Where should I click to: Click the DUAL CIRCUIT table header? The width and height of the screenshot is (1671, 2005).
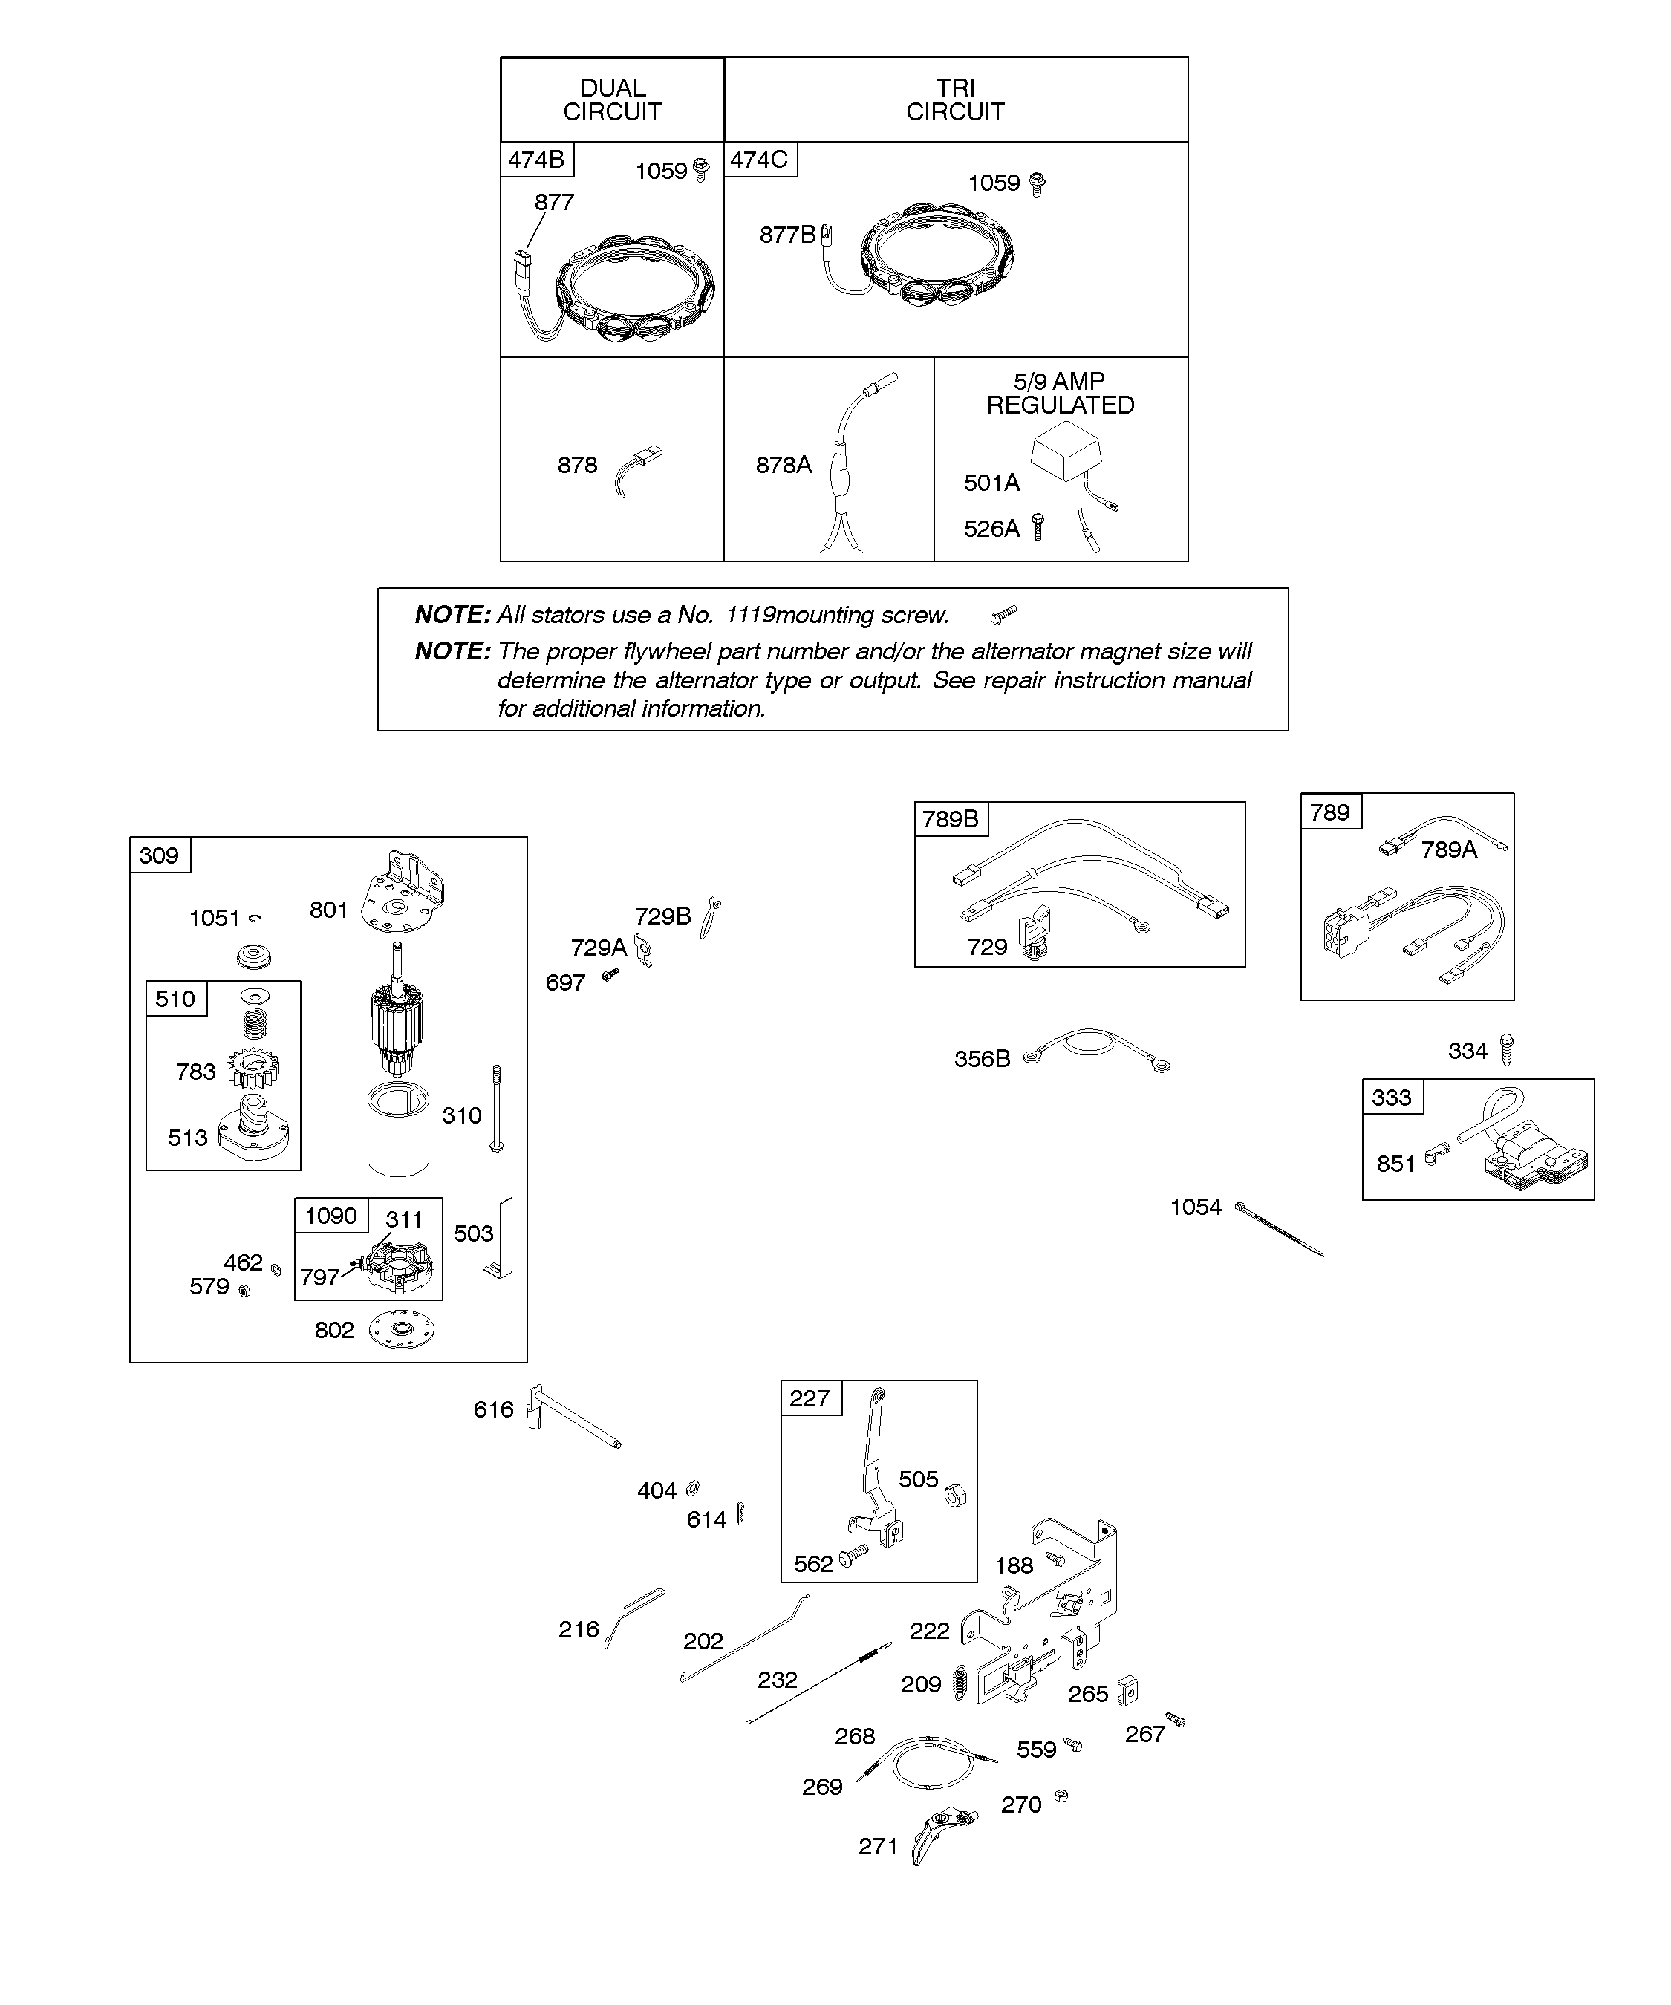tap(612, 100)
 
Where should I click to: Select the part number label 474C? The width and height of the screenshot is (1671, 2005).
tap(759, 160)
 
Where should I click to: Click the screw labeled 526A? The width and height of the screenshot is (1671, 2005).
tap(1039, 527)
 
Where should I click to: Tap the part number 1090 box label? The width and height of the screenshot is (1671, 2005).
tap(330, 1216)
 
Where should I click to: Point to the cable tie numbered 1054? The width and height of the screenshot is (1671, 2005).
tap(1279, 1230)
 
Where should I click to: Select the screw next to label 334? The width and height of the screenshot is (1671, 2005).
tap(1507, 1049)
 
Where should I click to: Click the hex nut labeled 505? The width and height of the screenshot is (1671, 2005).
tap(954, 1494)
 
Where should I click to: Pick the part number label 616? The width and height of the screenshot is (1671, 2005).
tap(494, 1409)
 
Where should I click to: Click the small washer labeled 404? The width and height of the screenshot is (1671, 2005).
tap(693, 1487)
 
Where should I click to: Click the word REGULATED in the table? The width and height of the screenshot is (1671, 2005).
tap(1060, 405)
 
